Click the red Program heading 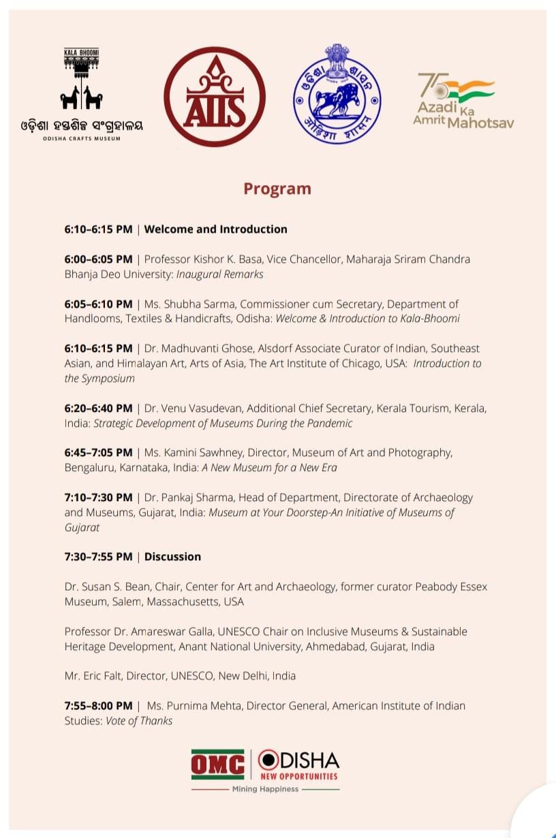[x=277, y=189]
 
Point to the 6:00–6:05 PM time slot [x=99, y=259]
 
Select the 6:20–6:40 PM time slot [x=99, y=408]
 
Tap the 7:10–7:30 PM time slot [x=99, y=498]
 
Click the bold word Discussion [x=172, y=556]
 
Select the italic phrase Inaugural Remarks [x=219, y=274]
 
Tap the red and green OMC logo [x=217, y=764]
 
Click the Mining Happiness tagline [x=265, y=789]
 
